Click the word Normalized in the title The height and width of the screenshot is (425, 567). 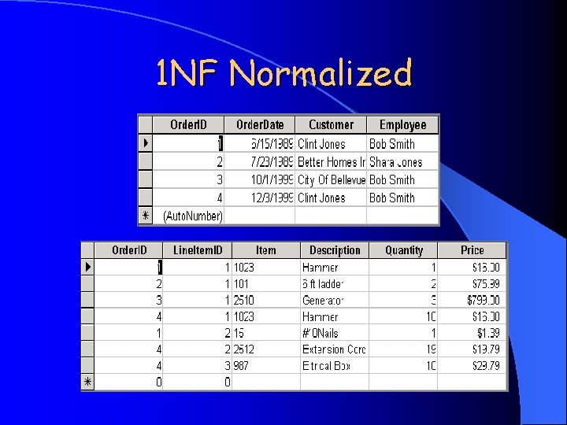[321, 74]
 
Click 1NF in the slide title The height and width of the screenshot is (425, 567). [189, 74]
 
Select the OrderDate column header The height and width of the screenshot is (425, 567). [260, 124]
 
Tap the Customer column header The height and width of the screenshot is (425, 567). [331, 124]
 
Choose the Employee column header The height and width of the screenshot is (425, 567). [402, 124]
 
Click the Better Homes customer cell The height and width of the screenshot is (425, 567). [332, 162]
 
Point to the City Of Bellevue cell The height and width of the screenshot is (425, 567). [332, 180]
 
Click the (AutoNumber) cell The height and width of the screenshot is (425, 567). [193, 216]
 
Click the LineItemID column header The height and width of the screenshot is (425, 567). [198, 250]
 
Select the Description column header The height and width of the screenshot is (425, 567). [335, 250]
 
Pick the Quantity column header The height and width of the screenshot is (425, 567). [404, 250]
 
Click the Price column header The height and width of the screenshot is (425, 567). [472, 250]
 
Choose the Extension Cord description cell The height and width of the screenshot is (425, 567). [334, 349]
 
